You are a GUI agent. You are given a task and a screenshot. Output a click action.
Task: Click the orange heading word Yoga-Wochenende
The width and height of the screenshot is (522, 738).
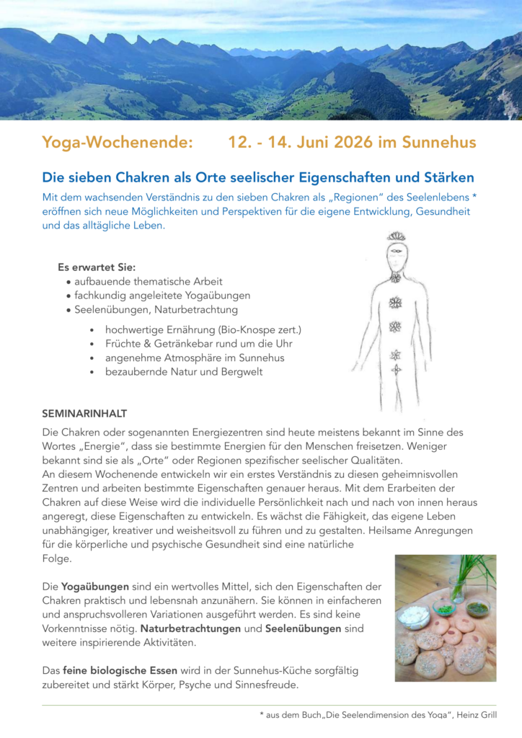[x=118, y=142]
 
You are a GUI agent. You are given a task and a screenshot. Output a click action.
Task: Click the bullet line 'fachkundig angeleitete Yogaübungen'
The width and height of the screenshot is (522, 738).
[x=162, y=295]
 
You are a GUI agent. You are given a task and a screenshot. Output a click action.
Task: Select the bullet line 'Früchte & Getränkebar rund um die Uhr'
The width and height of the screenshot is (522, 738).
[x=198, y=344]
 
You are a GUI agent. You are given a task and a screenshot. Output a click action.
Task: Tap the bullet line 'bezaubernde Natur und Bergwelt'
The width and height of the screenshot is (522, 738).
[x=184, y=372]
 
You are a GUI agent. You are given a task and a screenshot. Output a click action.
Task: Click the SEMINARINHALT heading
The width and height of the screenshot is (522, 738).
[x=84, y=414]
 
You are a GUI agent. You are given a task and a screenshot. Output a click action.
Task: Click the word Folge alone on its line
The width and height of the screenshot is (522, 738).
[x=57, y=559]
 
